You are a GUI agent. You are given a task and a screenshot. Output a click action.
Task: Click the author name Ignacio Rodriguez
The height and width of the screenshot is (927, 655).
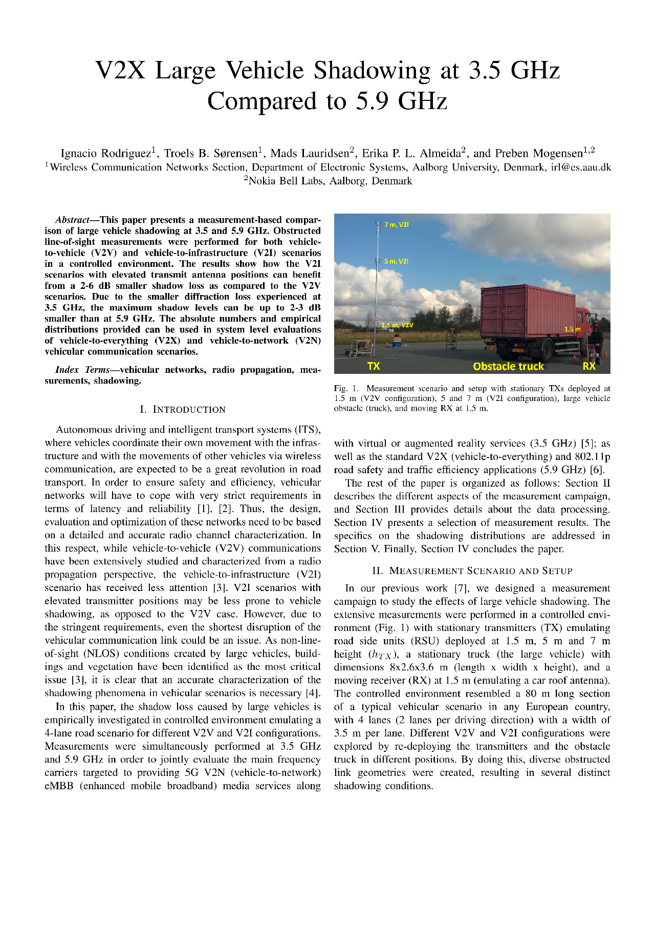coord(105,153)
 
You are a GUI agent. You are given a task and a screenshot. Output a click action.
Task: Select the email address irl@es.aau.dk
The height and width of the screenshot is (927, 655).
coord(580,167)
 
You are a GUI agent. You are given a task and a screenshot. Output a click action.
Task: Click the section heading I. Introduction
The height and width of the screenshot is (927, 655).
coord(183,410)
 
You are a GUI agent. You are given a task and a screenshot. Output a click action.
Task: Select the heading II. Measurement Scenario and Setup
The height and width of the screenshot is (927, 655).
coord(472,571)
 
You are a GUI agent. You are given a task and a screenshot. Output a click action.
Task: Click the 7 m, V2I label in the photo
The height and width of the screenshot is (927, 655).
coord(397,224)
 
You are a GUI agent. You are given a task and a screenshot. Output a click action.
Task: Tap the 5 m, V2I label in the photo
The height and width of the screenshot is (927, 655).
coord(397,261)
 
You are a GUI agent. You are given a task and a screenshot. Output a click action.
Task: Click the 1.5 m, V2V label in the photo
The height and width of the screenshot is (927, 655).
coord(397,325)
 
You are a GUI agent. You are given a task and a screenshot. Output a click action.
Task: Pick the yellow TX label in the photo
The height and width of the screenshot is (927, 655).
coord(374,366)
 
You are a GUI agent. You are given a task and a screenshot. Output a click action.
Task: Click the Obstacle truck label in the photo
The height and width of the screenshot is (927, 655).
coord(508,366)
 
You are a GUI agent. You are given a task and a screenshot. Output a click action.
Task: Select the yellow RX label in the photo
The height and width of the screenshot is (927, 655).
coord(588,366)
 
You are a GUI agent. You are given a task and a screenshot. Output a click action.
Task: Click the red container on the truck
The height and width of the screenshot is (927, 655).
coord(527,312)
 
